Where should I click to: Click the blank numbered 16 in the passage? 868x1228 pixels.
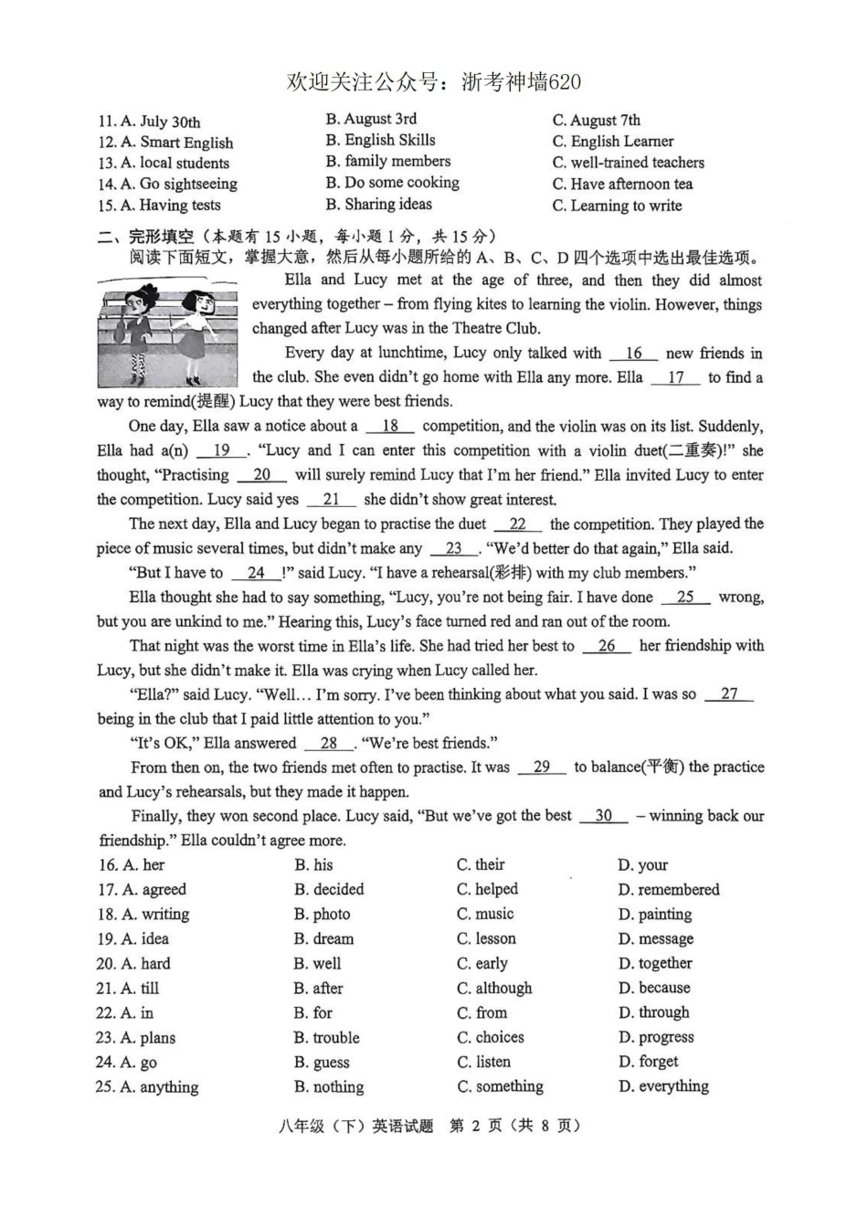pyautogui.click(x=633, y=354)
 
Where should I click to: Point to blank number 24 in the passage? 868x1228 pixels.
pyautogui.click(x=257, y=573)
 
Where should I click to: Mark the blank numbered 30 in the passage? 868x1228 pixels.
pyautogui.click(x=603, y=816)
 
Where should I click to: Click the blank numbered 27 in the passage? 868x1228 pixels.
pyautogui.click(x=729, y=694)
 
